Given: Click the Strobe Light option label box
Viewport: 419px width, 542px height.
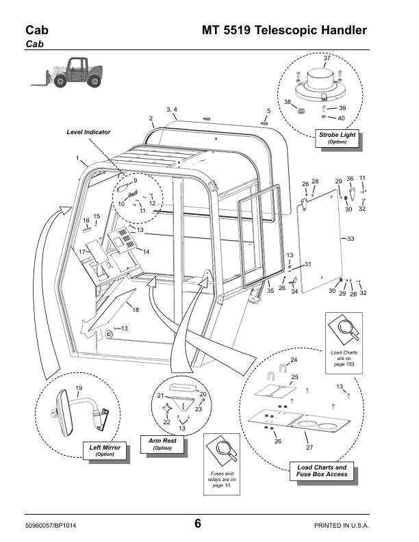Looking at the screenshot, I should pyautogui.click(x=338, y=138).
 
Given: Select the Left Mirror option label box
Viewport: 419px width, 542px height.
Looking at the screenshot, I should pyautogui.click(x=105, y=450).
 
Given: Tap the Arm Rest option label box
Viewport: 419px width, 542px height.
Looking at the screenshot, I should pyautogui.click(x=162, y=444).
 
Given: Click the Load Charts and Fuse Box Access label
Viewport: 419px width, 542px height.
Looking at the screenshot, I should pyautogui.click(x=321, y=471).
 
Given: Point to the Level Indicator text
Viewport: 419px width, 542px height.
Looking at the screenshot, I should pyautogui.click(x=88, y=131).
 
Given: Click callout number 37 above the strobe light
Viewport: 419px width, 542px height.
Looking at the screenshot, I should pyautogui.click(x=327, y=58).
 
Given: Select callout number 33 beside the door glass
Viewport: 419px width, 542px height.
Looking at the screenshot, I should pyautogui.click(x=351, y=239).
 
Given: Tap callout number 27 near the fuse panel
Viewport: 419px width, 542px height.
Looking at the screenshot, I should pyautogui.click(x=309, y=447).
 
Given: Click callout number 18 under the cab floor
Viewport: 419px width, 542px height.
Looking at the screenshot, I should pyautogui.click(x=136, y=311).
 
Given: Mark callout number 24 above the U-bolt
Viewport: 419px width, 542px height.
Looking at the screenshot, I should pyautogui.click(x=294, y=360).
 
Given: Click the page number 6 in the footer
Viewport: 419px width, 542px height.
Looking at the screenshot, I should pyautogui.click(x=197, y=524).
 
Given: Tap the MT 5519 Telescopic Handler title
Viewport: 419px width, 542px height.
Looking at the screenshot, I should pyautogui.click(x=285, y=31).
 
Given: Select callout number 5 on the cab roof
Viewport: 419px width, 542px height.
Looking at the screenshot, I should pyautogui.click(x=268, y=111).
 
